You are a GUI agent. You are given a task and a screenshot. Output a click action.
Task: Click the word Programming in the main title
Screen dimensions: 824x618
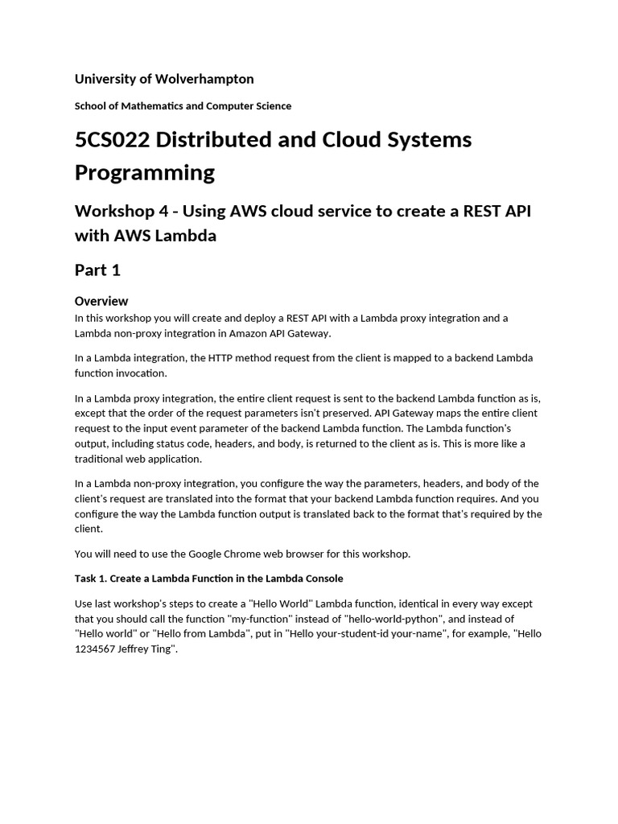coord(145,173)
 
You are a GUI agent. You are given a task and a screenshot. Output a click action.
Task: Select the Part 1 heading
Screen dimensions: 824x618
coord(97,270)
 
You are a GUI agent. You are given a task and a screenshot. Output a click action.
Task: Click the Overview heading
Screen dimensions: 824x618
coord(101,301)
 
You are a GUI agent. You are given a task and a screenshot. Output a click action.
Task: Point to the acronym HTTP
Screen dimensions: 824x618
coord(221,358)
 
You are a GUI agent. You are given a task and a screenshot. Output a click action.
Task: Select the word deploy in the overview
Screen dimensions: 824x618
coord(250,318)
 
